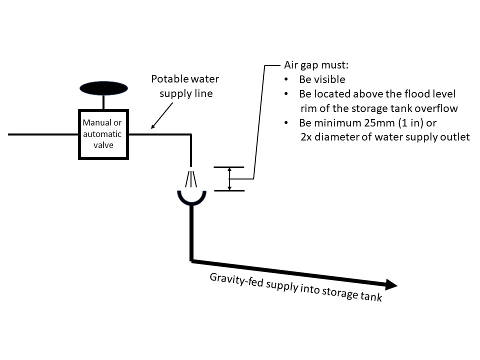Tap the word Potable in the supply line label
click(x=168, y=79)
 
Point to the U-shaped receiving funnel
click(x=191, y=199)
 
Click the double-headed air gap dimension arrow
click(x=229, y=179)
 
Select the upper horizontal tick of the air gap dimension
click(x=229, y=167)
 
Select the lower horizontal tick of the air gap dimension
click(x=229, y=190)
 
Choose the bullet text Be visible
click(x=322, y=79)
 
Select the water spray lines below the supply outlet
click(x=191, y=178)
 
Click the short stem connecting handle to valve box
click(x=103, y=102)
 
